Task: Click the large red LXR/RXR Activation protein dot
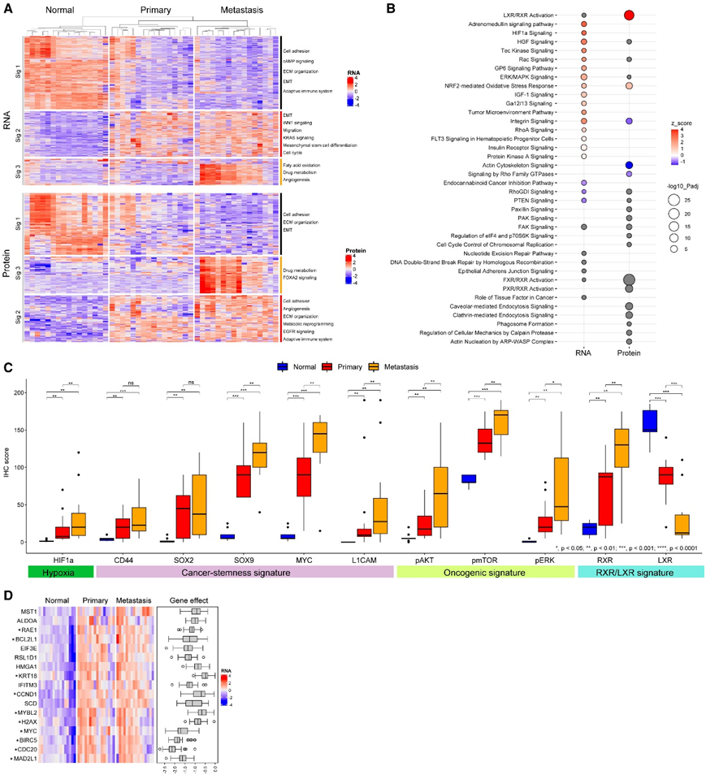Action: tap(628, 15)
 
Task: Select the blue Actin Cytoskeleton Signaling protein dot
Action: tap(628, 165)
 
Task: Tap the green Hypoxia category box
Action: tap(58, 572)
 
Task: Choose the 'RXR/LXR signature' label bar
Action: tap(635, 572)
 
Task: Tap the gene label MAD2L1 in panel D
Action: tap(22, 758)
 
